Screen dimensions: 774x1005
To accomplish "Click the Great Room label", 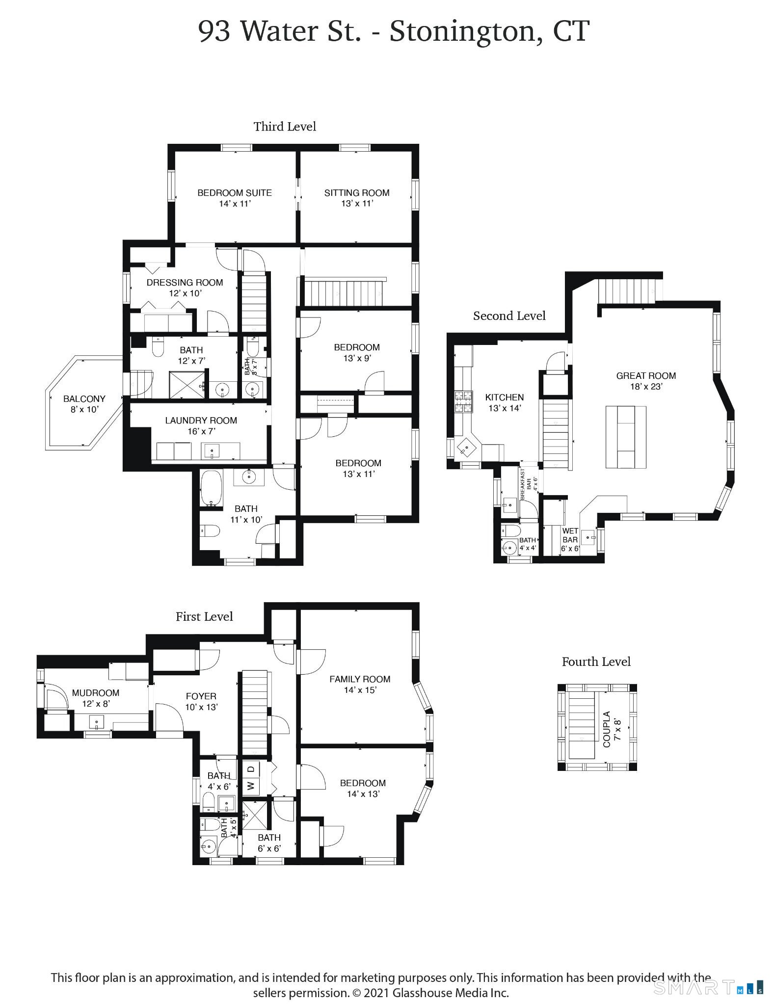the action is point(646,381).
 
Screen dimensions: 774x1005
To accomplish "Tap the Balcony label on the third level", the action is point(84,404).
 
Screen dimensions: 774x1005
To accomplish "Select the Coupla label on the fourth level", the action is point(612,729).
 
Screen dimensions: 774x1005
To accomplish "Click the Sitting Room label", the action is point(357,198).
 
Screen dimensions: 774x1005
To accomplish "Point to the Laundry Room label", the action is point(201,425).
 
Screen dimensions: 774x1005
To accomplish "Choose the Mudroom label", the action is point(95,698).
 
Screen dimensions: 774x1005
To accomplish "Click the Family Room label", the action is point(360,684).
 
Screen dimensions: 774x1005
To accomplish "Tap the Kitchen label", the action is point(504,402).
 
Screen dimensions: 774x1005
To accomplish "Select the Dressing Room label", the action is point(185,288).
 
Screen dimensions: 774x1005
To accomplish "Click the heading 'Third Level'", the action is point(285,127).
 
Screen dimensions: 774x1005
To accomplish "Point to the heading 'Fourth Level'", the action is point(596,661).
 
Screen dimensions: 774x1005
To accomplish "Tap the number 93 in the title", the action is point(214,32).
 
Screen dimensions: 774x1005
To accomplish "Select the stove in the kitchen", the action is point(463,400).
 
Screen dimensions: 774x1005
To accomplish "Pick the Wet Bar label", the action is point(570,539).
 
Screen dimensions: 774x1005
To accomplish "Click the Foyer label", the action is point(201,701).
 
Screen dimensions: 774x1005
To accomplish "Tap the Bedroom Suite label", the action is point(235,198).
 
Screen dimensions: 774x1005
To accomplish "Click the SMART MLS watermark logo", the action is point(708,987).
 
